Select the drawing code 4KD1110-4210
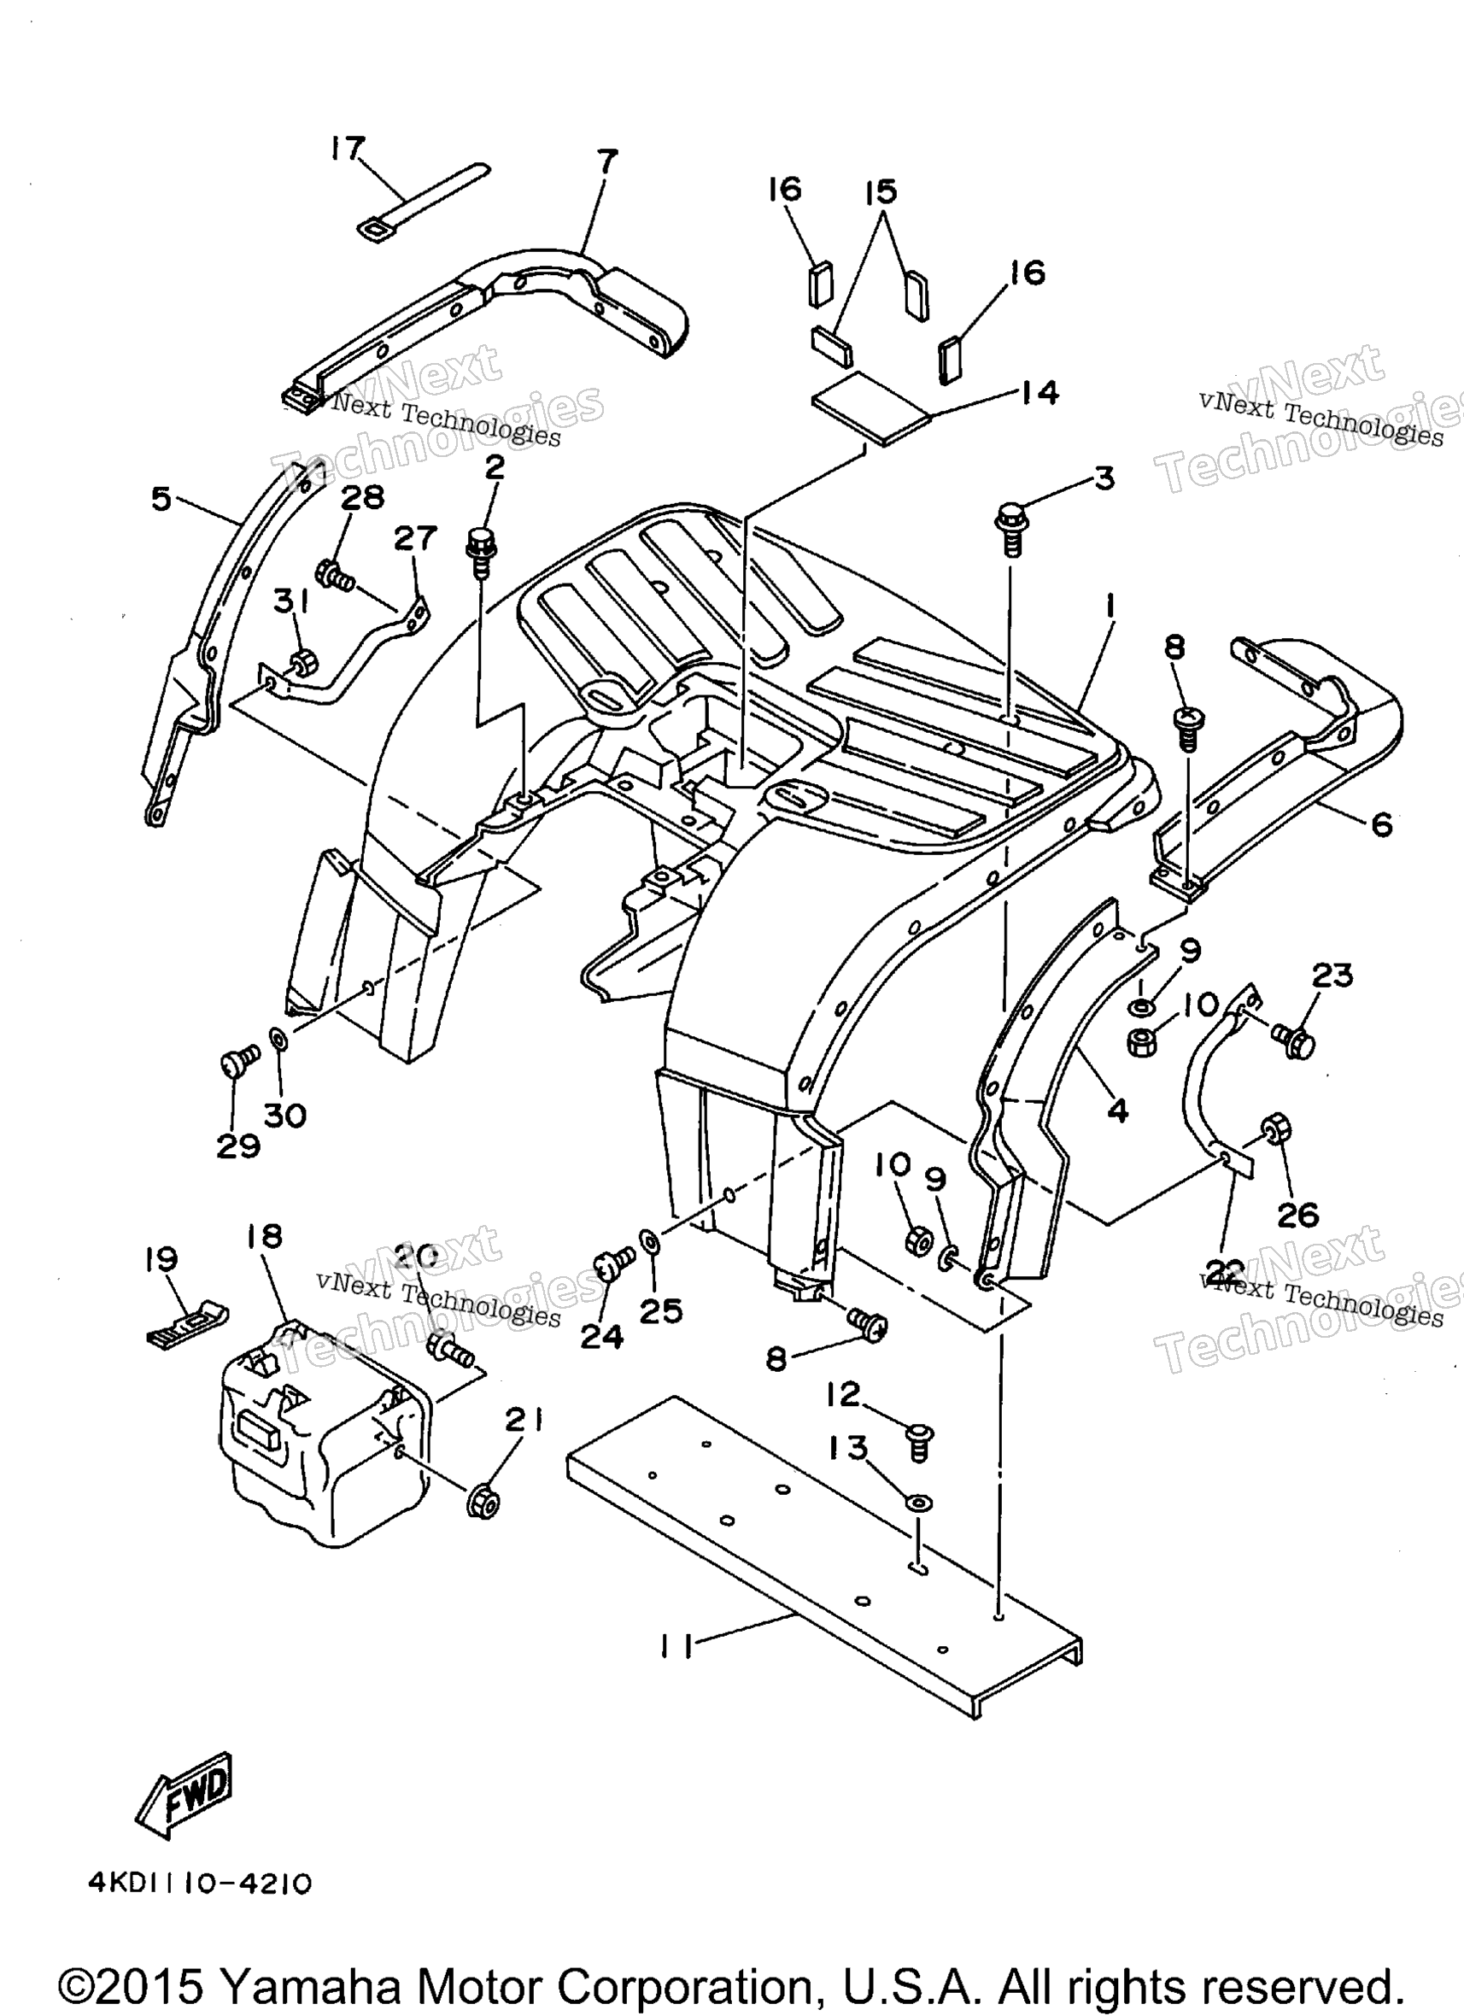(200, 1908)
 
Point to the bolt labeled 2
(481, 551)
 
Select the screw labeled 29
(238, 1061)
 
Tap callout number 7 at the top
(607, 161)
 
